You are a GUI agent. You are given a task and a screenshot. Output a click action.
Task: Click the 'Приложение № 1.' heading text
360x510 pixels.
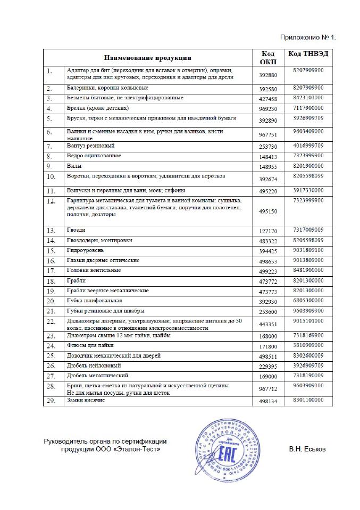point(308,38)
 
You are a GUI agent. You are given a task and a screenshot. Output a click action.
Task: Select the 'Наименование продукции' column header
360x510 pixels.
point(147,57)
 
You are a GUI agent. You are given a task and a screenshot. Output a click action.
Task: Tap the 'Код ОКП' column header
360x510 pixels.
point(268,57)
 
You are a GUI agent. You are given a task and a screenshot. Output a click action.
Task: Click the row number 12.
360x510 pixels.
point(52,201)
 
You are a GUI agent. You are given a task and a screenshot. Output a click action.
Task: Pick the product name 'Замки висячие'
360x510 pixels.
point(86,400)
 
